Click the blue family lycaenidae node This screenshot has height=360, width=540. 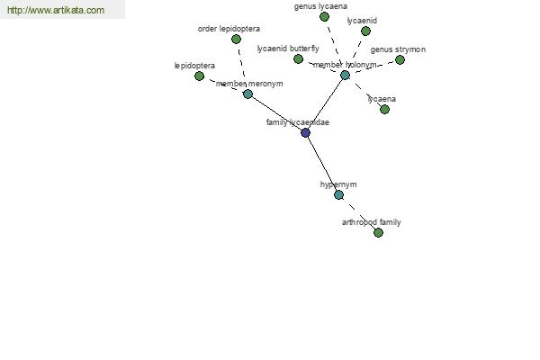pos(305,132)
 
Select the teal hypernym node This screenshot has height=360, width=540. pos(339,195)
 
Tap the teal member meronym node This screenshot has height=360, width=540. pos(248,94)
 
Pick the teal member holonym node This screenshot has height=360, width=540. pos(345,75)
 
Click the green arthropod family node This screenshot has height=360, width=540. pos(379,232)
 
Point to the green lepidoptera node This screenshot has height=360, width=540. pos(200,76)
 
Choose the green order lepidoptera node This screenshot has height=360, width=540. pos(236,40)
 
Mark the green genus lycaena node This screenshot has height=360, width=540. pos(324,16)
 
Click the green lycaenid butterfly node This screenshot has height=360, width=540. pos(298,58)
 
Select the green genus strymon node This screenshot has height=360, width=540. pos(400,60)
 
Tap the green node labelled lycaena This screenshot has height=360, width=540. pos(384,109)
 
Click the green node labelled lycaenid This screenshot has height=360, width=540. pos(365,31)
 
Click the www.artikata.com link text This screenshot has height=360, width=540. pos(56,10)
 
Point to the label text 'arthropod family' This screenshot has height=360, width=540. pos(371,222)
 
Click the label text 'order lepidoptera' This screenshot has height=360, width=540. pos(229,29)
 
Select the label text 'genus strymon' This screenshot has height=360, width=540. pos(398,49)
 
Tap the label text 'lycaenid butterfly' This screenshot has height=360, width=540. pos(288,49)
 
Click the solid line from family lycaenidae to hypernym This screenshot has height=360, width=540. pos(322,164)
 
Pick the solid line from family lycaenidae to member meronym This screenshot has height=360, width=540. pos(276,113)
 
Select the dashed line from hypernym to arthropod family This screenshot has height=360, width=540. pos(358,213)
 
